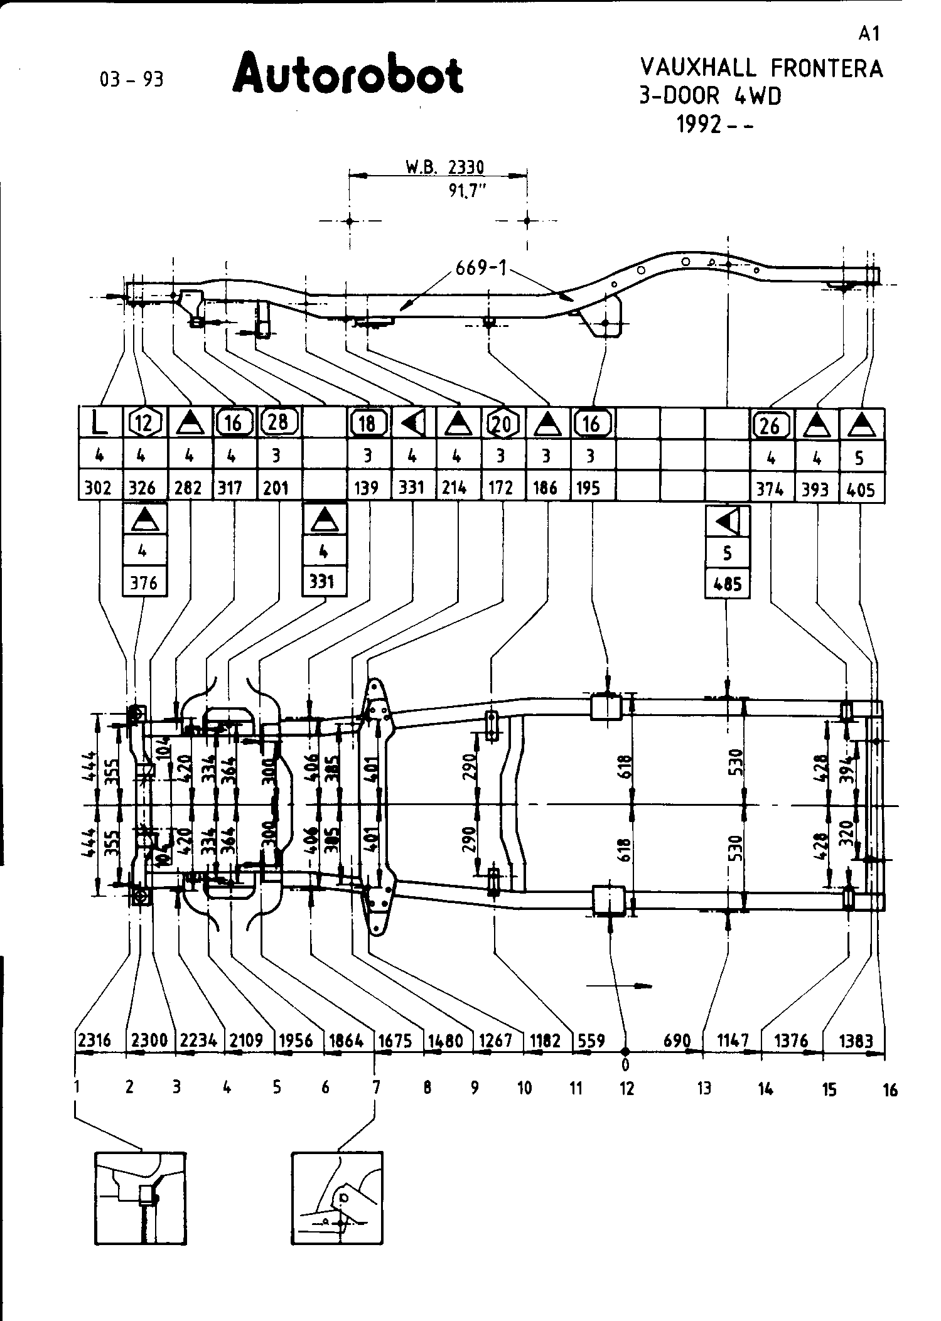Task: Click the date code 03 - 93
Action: point(131,80)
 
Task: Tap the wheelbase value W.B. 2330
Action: point(445,168)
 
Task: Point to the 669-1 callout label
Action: point(481,268)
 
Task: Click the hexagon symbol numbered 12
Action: point(145,423)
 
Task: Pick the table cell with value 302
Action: point(98,488)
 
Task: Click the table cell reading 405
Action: point(861,489)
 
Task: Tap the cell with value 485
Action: point(728,584)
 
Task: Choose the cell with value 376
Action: point(144,583)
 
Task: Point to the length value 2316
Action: point(95,1040)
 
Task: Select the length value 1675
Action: point(395,1040)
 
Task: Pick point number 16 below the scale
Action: point(890,1089)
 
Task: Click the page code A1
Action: point(869,34)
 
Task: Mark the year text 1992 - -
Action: point(714,124)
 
